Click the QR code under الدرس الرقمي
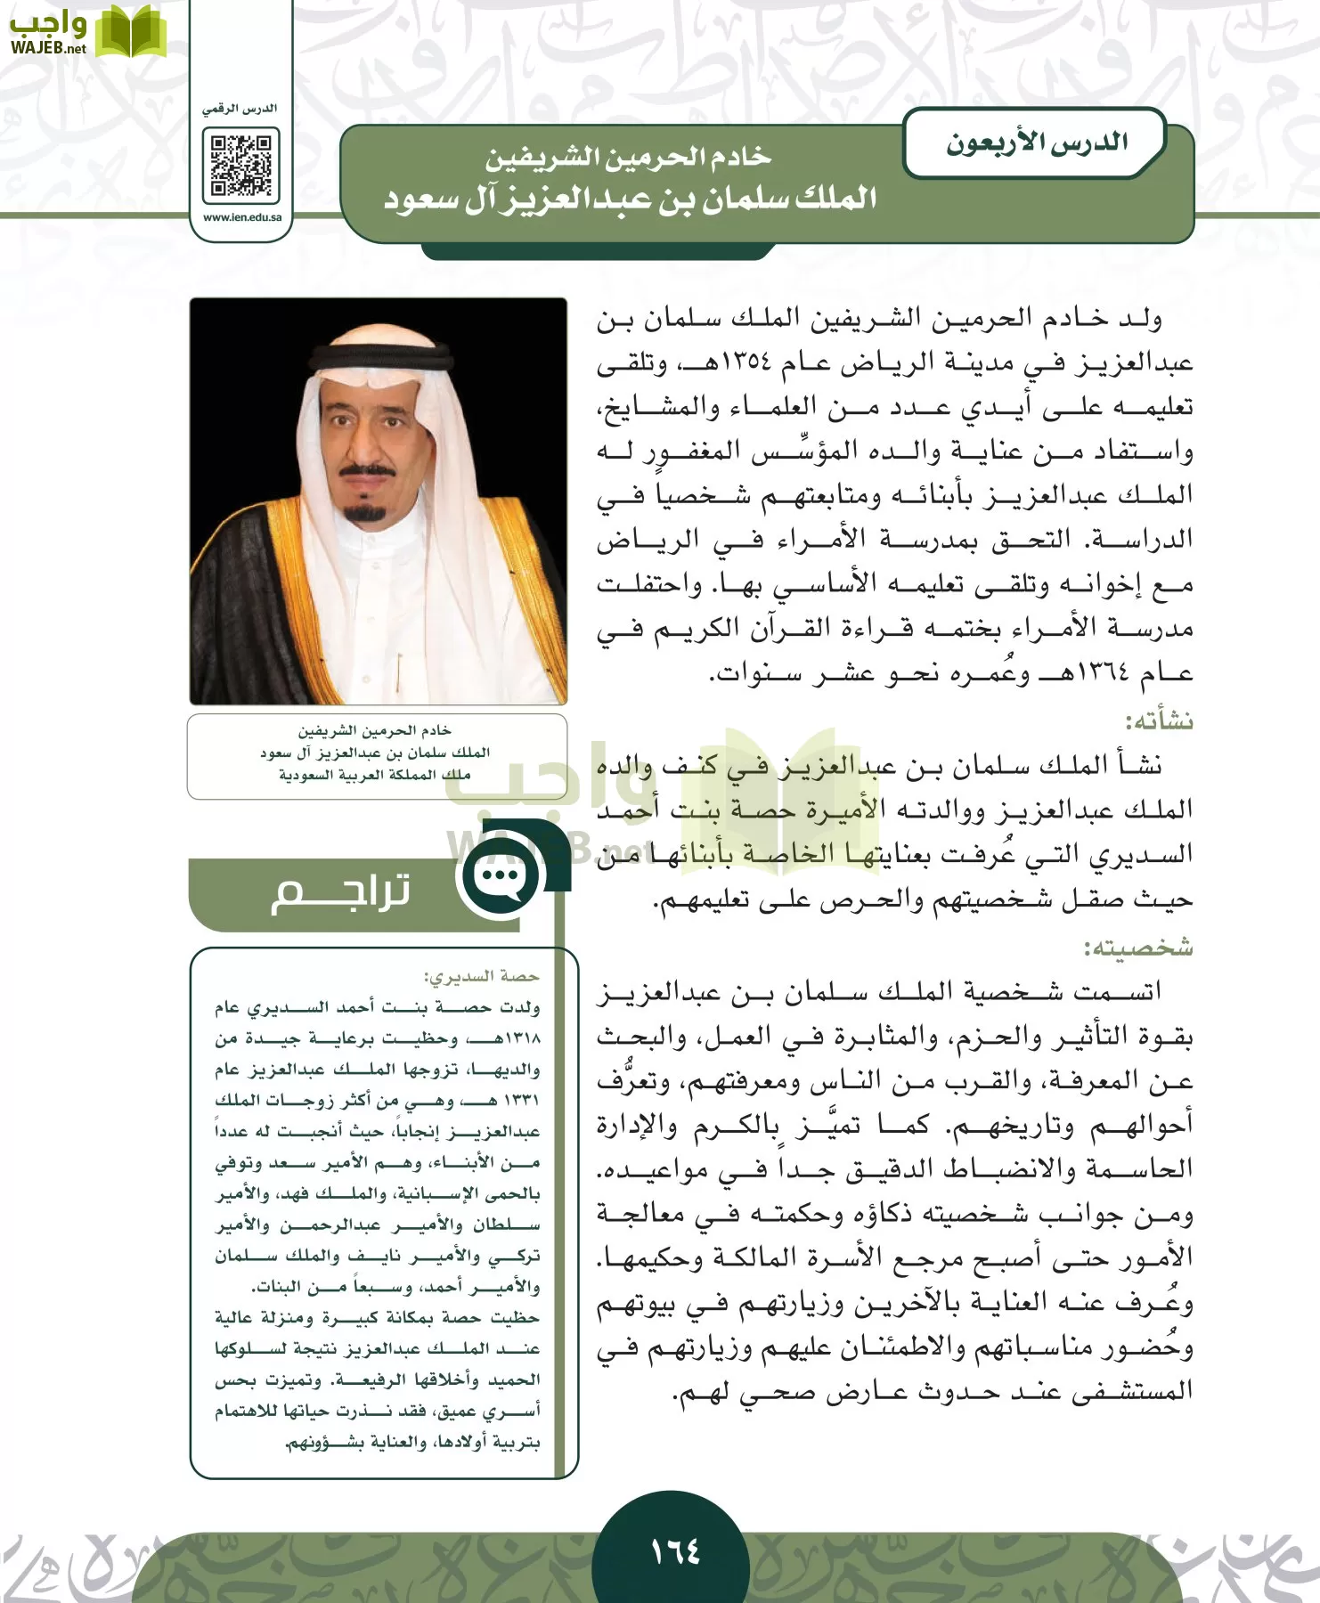pyautogui.click(x=240, y=166)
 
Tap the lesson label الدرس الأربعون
pyautogui.click(x=1036, y=142)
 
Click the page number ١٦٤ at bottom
pyautogui.click(x=674, y=1551)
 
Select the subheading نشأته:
pyautogui.click(x=1159, y=720)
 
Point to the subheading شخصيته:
pyautogui.click(x=1138, y=948)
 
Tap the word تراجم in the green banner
pyautogui.click(x=340, y=891)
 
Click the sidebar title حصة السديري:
pyautogui.click(x=482, y=977)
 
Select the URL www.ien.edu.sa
pyautogui.click(x=242, y=217)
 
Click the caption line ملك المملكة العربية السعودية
pyautogui.click(x=375, y=775)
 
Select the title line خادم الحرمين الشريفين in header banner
pyautogui.click(x=628, y=158)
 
